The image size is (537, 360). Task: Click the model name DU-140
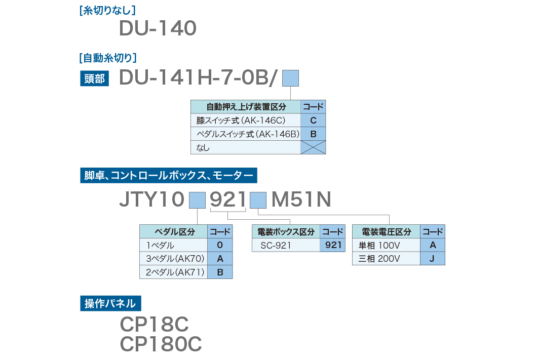pos(158,29)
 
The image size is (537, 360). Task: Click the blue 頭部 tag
pos(94,79)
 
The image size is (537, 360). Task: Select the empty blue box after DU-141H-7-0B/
pos(290,78)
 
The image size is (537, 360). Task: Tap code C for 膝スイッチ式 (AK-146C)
pos(313,121)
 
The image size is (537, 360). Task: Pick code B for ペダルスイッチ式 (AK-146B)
pos(313,134)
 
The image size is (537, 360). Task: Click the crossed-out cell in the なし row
pos(313,147)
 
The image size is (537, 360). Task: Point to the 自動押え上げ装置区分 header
pos(246,107)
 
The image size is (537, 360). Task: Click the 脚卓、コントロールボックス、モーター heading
pos(169,176)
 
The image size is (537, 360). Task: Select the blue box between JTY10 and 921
pos(197,201)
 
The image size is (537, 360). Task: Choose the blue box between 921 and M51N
pos(258,201)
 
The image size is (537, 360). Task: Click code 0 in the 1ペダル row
pos(220,246)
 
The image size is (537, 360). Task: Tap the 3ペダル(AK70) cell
pos(174,259)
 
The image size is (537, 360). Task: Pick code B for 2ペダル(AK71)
pos(220,272)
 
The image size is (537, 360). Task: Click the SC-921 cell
pos(286,246)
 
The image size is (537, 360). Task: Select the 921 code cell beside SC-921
pos(332,246)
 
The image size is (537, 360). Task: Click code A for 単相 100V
pos(433,246)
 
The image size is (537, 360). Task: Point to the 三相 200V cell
pos(386,259)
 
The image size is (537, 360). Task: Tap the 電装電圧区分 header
pos(386,232)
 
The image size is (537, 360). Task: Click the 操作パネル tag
pos(110,304)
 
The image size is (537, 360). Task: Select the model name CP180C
pos(161,344)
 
